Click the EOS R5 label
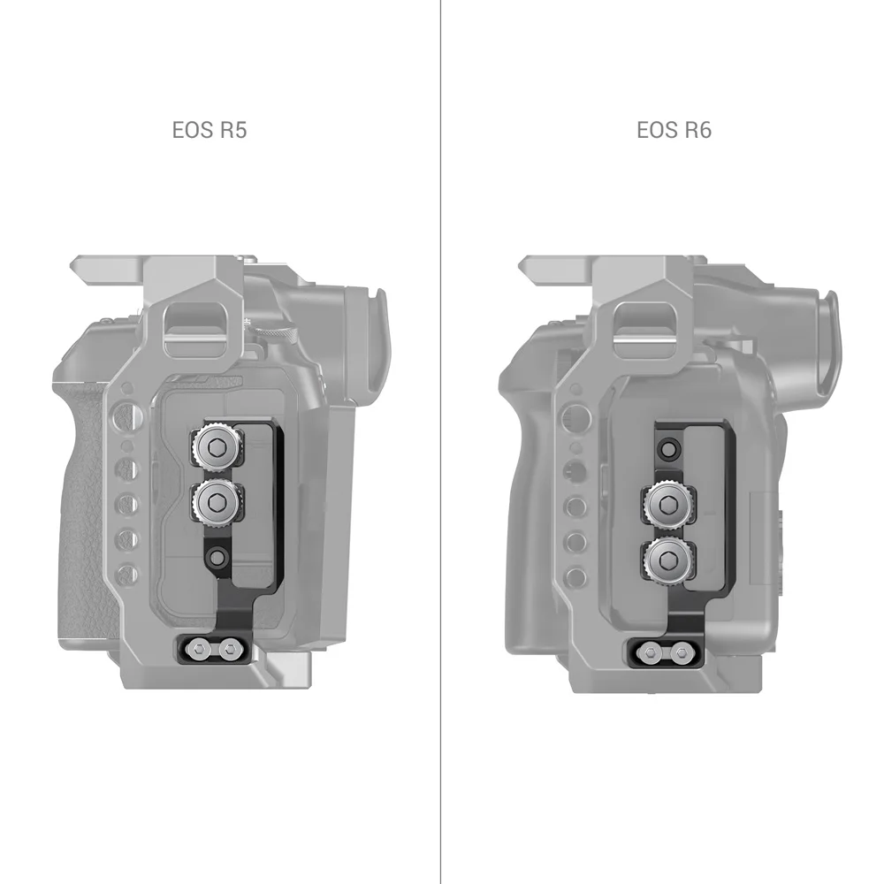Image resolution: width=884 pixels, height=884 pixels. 210,130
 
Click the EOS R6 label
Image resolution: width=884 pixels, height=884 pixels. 674,130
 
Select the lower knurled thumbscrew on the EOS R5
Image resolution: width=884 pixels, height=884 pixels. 216,502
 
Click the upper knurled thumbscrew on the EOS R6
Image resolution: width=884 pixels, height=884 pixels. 667,502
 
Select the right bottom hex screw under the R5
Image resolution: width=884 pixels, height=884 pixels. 232,652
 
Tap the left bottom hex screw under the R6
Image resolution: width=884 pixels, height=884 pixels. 651,654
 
